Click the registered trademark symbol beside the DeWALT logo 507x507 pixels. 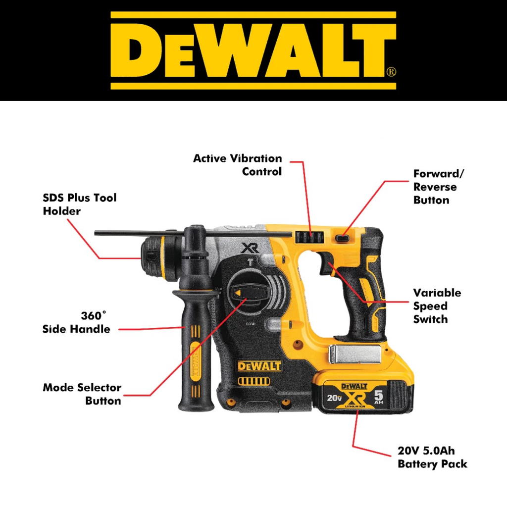(x=391, y=71)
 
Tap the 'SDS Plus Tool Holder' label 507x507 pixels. (x=80, y=204)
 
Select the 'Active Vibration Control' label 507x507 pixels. (x=238, y=164)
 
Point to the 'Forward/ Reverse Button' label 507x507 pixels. (x=439, y=187)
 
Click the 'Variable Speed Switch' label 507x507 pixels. (x=437, y=306)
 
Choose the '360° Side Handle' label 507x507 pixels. (x=76, y=322)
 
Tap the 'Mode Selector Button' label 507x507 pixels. (x=82, y=394)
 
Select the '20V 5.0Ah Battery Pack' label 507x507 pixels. (x=432, y=457)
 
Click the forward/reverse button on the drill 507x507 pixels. (x=342, y=238)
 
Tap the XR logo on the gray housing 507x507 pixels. (x=250, y=249)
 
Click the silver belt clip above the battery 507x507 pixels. (x=355, y=354)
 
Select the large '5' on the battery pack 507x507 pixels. (x=379, y=396)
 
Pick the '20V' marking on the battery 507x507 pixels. (x=334, y=398)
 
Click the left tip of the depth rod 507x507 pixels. (x=95, y=233)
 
